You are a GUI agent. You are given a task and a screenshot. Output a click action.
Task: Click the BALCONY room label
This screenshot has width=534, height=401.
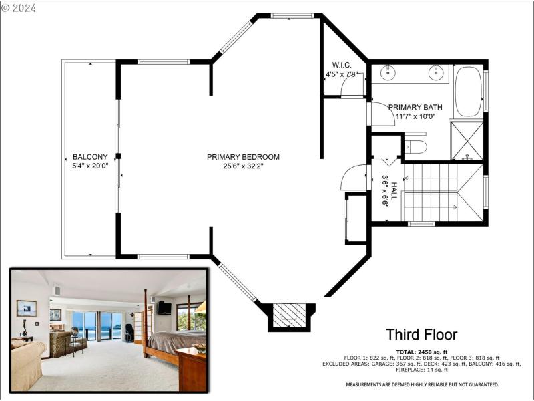[x=89, y=157]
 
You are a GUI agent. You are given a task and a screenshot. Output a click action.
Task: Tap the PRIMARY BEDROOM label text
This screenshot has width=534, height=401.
[x=243, y=157]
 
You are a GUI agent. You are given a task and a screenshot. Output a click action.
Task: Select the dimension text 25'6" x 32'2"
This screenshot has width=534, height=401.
[x=243, y=166]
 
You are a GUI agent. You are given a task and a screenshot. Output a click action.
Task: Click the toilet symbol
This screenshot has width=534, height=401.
[x=416, y=146]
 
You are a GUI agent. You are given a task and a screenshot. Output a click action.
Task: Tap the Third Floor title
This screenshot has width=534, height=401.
[x=421, y=335]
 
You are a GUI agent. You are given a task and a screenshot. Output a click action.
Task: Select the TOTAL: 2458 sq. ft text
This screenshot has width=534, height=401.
[x=421, y=351]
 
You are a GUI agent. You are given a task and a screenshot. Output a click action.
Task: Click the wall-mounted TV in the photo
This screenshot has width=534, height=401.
[x=164, y=308]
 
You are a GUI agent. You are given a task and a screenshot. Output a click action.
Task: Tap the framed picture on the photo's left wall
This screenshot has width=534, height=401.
[x=27, y=308]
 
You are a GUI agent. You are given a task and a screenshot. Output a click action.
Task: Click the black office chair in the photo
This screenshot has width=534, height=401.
[x=129, y=332]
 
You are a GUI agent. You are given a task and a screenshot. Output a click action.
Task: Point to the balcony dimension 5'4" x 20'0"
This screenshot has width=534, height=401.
[x=89, y=166]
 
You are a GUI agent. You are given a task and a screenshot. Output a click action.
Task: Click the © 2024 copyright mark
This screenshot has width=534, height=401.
[x=19, y=9]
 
